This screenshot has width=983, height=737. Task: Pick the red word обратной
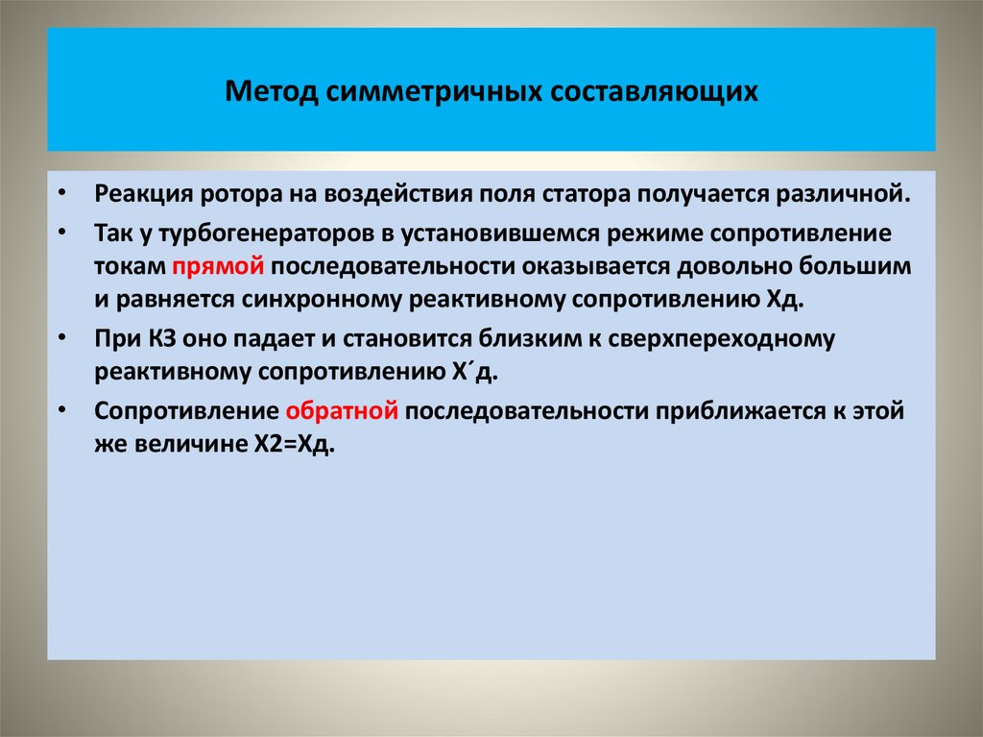coord(342,411)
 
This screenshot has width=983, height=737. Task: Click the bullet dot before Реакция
coord(61,192)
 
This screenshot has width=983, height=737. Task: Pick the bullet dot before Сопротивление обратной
coord(61,412)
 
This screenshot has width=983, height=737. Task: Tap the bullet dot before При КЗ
coord(61,339)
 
